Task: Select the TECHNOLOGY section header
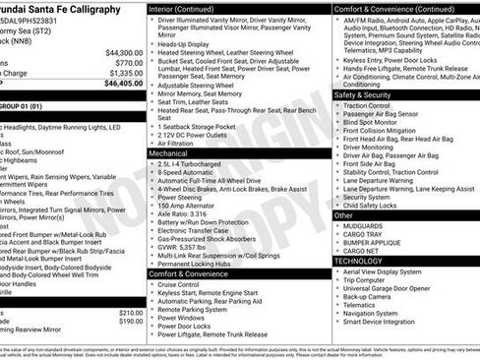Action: click(x=365, y=261)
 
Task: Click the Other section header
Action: click(x=343, y=214)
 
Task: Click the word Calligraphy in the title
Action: click(x=92, y=8)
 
